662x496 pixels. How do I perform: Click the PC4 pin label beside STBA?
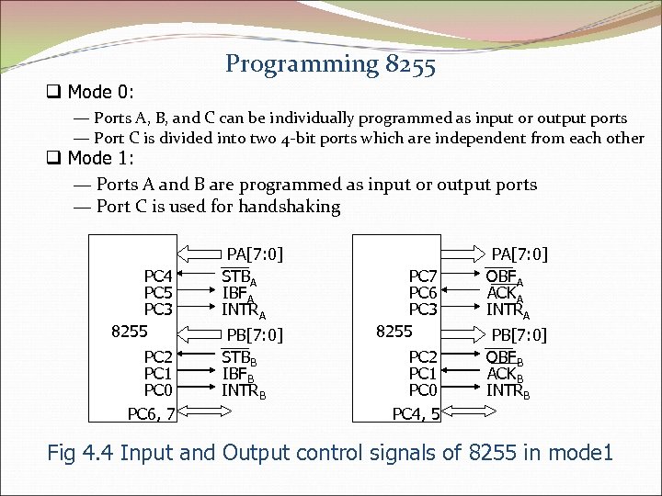pyautogui.click(x=158, y=276)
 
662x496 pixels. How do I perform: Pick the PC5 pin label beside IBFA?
pyautogui.click(x=158, y=292)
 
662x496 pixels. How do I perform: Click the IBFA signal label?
pyautogui.click(x=237, y=293)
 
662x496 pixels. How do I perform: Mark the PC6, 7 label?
pyautogui.click(x=152, y=414)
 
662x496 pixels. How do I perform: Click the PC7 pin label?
pyautogui.click(x=423, y=276)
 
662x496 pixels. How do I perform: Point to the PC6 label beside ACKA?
pyautogui.click(x=423, y=292)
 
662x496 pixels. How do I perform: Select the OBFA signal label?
pyautogui.click(x=504, y=276)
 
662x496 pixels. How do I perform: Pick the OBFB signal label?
pyautogui.click(x=504, y=357)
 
